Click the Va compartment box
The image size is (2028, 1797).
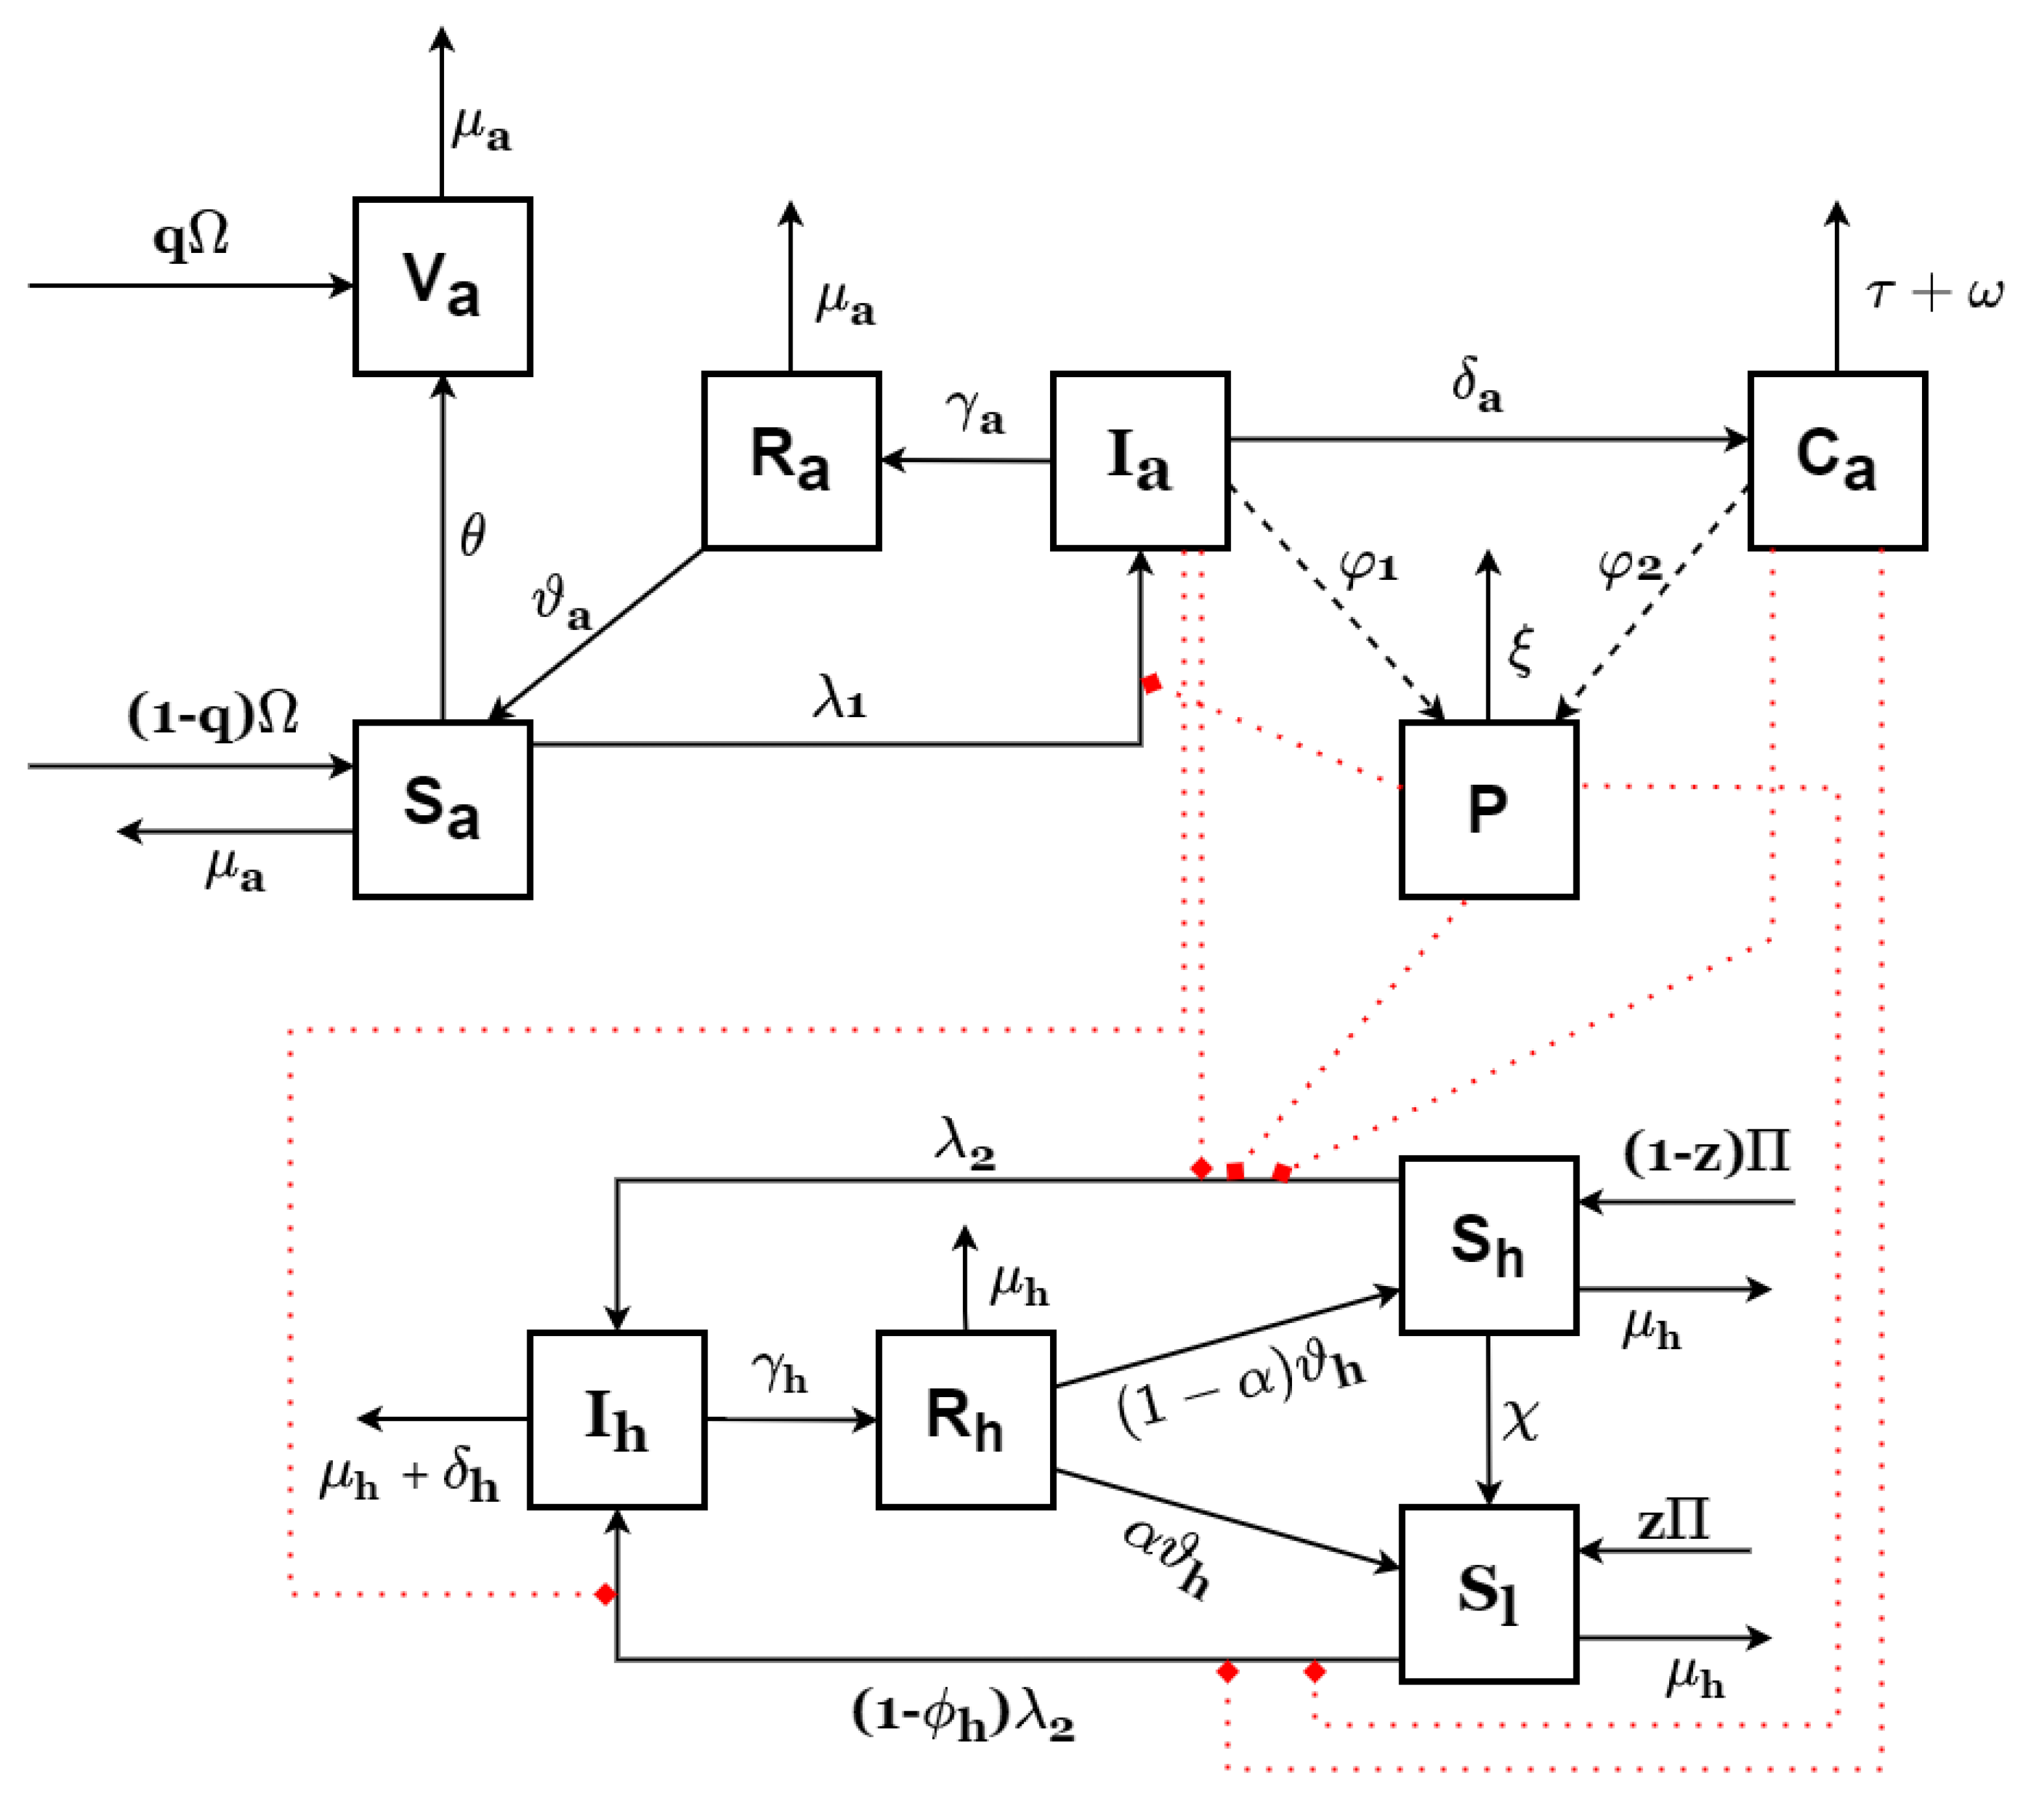(443, 287)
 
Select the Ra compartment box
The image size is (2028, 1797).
(791, 460)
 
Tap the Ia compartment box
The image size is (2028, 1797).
(1140, 460)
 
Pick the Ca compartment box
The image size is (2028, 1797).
(1837, 460)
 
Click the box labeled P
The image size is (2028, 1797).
(1488, 809)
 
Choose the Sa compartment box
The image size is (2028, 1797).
(443, 809)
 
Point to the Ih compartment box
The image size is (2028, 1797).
(617, 1420)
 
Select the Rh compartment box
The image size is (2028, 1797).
(966, 1420)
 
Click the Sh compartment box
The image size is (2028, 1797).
(1488, 1245)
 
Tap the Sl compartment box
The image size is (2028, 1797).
(1488, 1594)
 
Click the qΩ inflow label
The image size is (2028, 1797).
(191, 238)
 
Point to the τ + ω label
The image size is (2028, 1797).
(1934, 294)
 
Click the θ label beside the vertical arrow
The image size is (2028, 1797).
(473, 536)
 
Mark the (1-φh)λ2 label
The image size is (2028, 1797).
(962, 1716)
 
